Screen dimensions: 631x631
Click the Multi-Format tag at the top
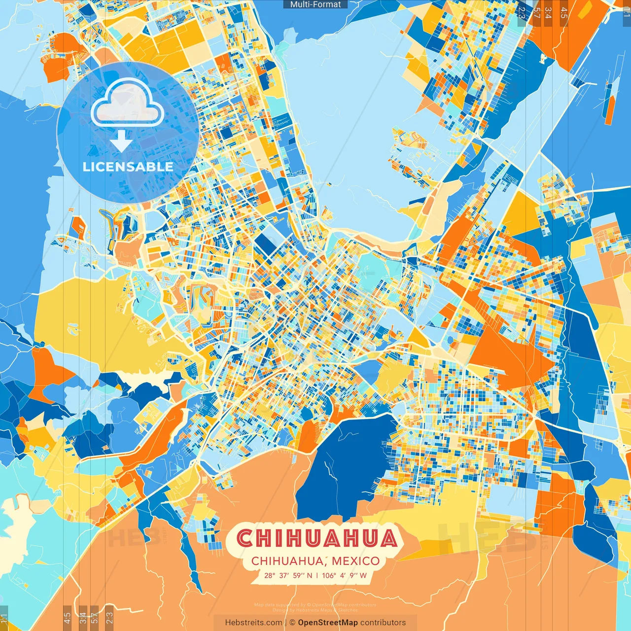click(315, 4)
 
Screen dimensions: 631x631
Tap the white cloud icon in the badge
click(127, 102)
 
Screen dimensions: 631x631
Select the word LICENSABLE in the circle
click(128, 167)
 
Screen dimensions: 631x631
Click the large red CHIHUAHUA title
click(316, 538)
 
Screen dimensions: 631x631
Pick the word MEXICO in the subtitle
click(355, 561)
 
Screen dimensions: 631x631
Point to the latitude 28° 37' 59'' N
click(288, 575)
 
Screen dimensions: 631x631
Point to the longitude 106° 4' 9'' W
click(345, 575)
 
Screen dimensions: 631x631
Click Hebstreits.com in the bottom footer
click(253, 623)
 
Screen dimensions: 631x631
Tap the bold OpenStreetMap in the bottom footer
click(327, 623)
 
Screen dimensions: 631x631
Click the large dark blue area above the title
click(345, 463)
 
